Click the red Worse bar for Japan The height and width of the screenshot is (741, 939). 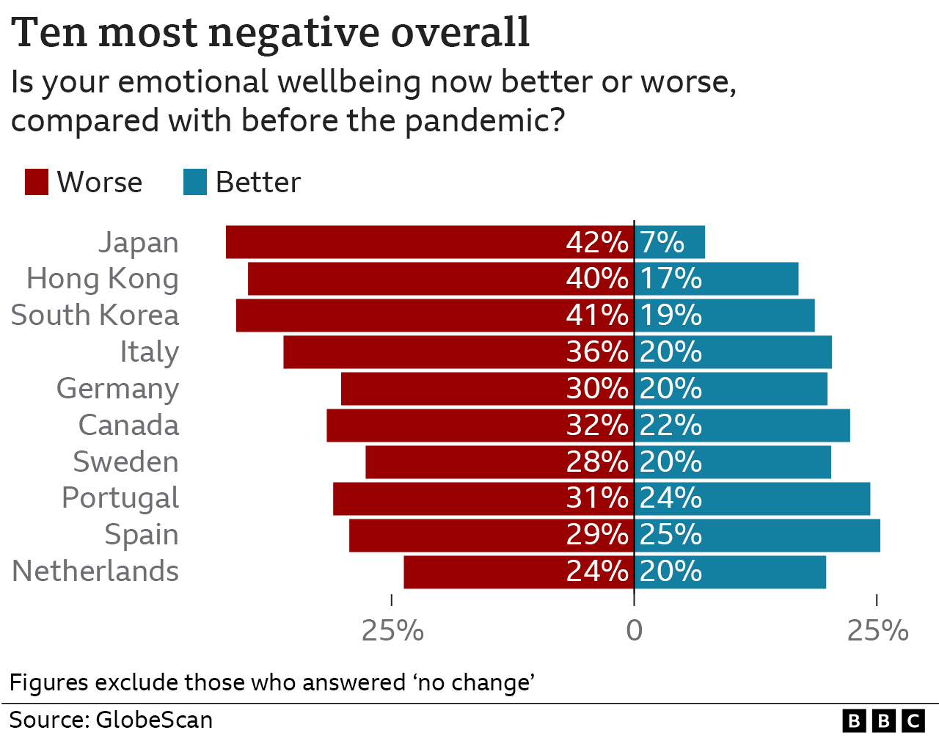(396, 242)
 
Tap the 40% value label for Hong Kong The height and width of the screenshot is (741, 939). (597, 279)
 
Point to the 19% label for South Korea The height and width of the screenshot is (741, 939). (671, 315)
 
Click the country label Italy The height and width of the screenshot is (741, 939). (149, 352)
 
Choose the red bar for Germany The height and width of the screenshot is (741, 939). (455, 389)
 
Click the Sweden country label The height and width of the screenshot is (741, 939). (125, 462)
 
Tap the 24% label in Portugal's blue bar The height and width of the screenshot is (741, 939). (671, 498)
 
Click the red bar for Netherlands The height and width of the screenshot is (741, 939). (484, 572)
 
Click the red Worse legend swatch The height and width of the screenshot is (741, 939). (37, 182)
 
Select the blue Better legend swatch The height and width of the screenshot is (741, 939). (195, 182)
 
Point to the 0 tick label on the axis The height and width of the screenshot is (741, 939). (634, 630)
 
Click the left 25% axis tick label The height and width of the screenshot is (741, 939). (392, 630)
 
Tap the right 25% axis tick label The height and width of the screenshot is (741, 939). (877, 630)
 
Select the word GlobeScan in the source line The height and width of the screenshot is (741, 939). (154, 720)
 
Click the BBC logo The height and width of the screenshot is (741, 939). (883, 721)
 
